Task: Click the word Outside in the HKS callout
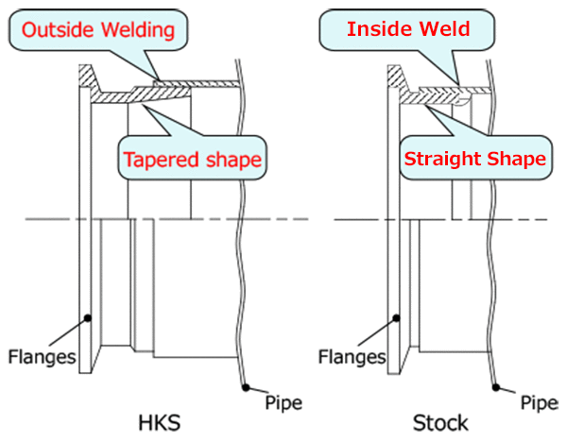point(58,29)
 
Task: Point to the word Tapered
point(160,161)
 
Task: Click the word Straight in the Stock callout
point(442,160)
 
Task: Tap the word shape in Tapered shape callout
point(232,161)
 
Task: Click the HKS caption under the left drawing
point(160,423)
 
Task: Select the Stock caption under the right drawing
point(440,423)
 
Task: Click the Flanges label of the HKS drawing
point(42,357)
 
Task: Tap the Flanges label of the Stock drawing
point(352,357)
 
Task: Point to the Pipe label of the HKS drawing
point(283,402)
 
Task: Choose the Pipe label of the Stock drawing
point(539,402)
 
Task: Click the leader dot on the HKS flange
point(88,318)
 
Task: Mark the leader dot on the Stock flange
point(397,318)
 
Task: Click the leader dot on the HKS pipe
point(246,388)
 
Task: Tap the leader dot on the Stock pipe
point(496,387)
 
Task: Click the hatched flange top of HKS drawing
point(87,76)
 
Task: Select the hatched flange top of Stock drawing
point(395,76)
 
